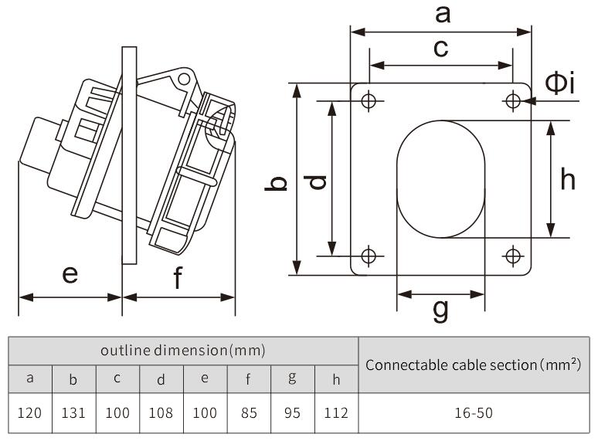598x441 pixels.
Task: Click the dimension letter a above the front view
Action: coord(442,13)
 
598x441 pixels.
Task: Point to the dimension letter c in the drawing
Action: coord(440,48)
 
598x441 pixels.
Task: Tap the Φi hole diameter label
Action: coord(560,82)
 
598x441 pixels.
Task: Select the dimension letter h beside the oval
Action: coord(568,179)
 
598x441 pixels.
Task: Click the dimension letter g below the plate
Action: coord(440,310)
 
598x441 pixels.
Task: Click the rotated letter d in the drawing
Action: coord(317,182)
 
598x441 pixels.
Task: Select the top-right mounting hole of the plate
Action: coord(513,100)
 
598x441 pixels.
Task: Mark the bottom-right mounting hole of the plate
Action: coord(513,256)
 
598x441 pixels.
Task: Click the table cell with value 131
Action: coord(73,412)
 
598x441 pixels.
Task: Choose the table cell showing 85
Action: coord(249,412)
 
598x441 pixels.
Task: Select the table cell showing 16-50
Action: coord(473,412)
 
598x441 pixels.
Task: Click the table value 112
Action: coord(336,412)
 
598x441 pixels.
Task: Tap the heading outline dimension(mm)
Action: coord(183,350)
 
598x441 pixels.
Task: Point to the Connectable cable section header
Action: coord(473,364)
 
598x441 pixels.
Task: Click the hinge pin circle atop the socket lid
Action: coord(184,78)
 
